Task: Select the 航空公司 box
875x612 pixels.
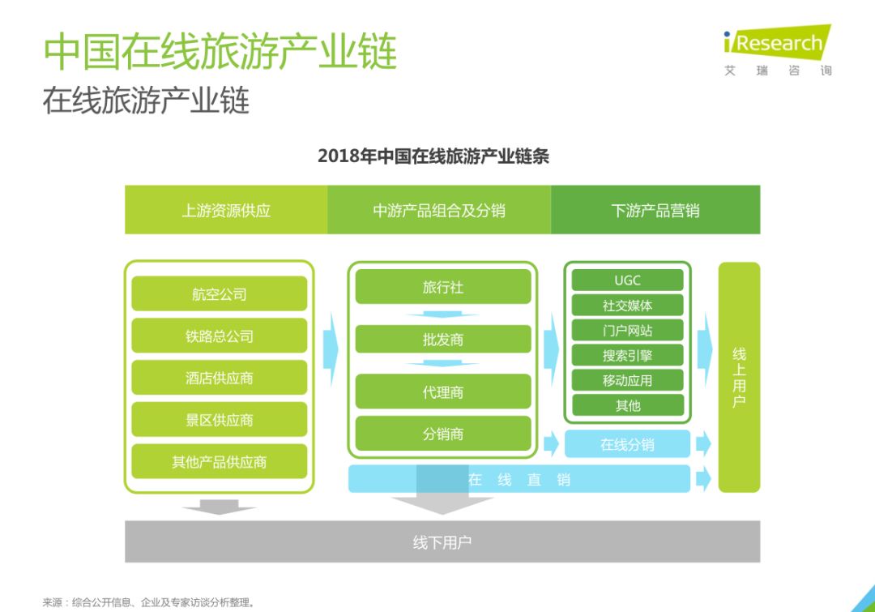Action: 219,294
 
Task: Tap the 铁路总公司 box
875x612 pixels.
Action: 219,336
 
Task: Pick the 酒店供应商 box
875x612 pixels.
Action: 219,378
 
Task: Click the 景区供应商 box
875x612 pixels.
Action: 219,420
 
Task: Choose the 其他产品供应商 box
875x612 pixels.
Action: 219,462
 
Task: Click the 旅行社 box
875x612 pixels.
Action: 442,287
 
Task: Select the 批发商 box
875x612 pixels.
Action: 442,339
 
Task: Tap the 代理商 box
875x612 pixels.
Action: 442,392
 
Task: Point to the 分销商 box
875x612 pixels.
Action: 442,434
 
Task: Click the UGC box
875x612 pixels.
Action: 627,280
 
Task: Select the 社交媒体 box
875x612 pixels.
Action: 627,306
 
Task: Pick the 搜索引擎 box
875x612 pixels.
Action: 627,355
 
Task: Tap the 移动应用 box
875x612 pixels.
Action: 627,380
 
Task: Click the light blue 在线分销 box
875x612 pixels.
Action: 627,444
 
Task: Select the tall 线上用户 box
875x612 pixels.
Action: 739,377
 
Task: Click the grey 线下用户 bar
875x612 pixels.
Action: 442,541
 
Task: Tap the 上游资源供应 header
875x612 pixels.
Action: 226,210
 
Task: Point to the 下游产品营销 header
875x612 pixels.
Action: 655,210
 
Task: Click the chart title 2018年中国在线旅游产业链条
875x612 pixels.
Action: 433,156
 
